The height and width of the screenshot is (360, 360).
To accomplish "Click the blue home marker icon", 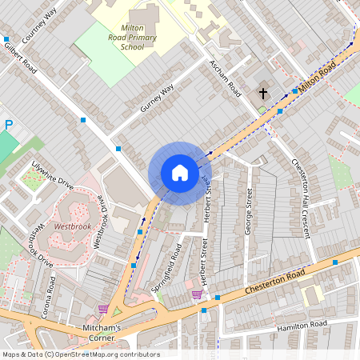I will tap(180, 173).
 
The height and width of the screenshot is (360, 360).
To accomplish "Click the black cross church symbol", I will tap(263, 94).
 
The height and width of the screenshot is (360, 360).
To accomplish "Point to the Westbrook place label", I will tap(72, 226).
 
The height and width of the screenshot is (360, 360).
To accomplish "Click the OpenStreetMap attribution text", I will tap(81, 354).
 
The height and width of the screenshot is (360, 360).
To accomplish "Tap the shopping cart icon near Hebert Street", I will tap(197, 294).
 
